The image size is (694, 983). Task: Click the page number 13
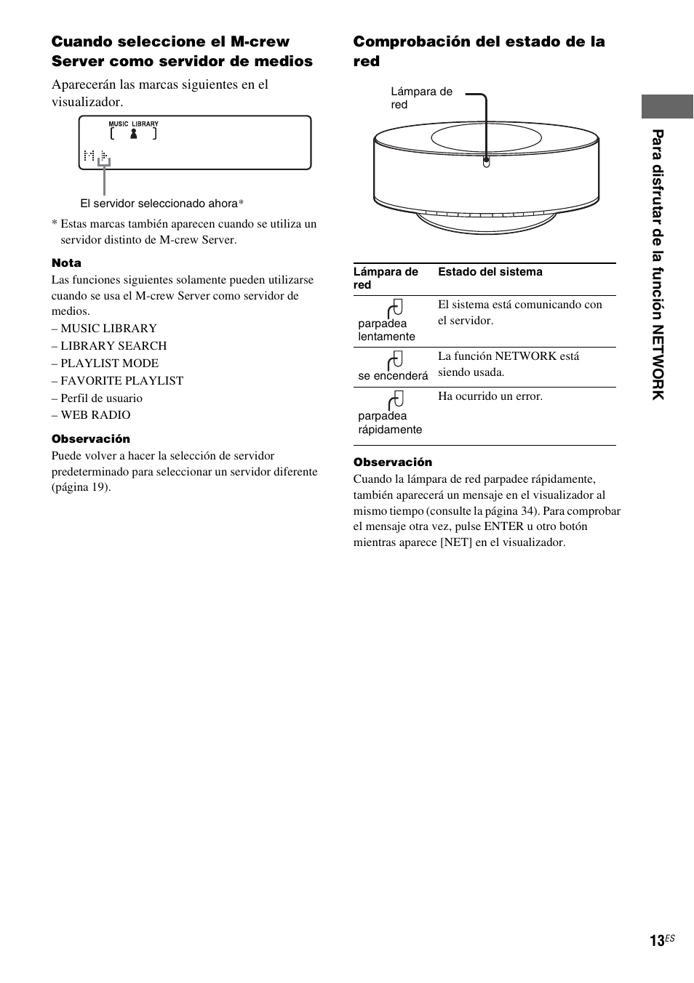[x=657, y=941]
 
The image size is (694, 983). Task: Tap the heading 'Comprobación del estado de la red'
[x=479, y=51]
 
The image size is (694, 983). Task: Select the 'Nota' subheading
[x=66, y=263]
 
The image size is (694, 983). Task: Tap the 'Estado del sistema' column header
[x=490, y=272]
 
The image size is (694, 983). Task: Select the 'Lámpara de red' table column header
[x=386, y=278]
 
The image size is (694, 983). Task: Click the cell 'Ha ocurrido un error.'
[x=490, y=396]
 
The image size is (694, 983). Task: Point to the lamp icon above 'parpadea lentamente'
[x=396, y=308]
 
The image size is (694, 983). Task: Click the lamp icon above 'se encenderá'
[x=396, y=360]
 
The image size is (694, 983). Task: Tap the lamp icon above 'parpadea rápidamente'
[x=396, y=400]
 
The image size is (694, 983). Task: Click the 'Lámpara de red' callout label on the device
[x=421, y=98]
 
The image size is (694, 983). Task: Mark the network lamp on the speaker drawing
[x=486, y=161]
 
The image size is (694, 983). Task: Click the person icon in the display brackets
[x=133, y=134]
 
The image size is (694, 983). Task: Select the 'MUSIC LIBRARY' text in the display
[x=133, y=124]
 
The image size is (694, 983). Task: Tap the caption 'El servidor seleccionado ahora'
[x=159, y=204]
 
